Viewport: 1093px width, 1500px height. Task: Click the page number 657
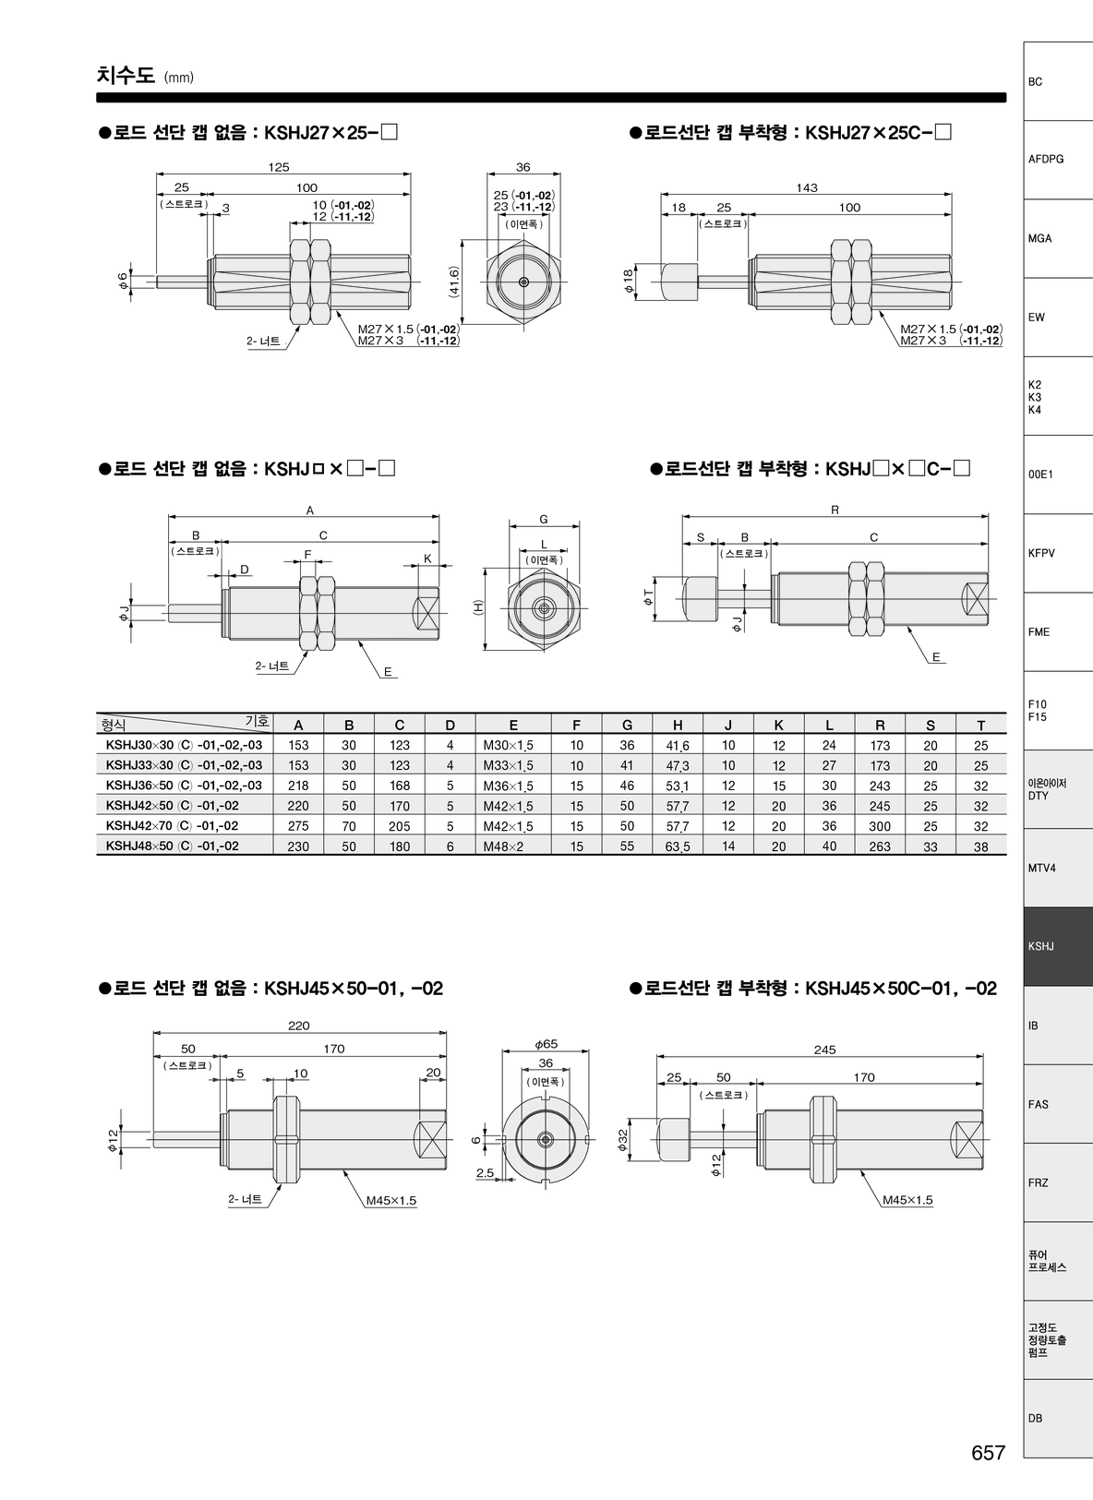(989, 1471)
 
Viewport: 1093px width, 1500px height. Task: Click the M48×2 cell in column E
(504, 846)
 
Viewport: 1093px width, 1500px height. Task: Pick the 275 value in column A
(298, 826)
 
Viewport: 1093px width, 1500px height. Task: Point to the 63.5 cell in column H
(678, 846)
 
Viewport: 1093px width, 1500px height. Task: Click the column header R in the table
(880, 725)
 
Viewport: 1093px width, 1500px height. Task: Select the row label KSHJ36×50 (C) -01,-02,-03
(185, 785)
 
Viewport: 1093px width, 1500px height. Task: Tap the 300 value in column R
(880, 826)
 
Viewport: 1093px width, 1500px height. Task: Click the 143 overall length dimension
(807, 187)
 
